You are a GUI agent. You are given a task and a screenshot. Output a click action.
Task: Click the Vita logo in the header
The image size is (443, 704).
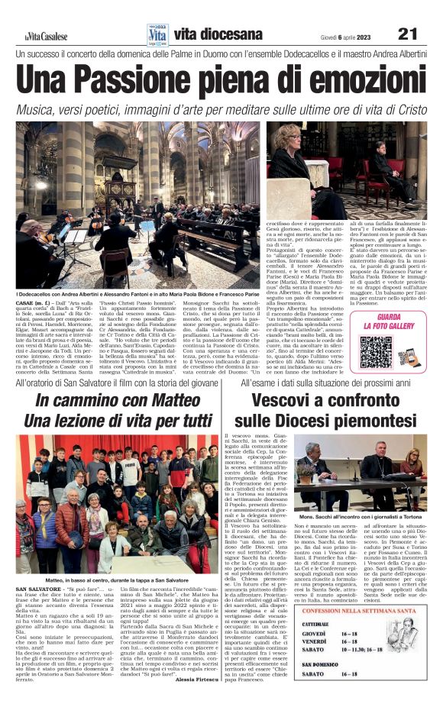pyautogui.click(x=158, y=33)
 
